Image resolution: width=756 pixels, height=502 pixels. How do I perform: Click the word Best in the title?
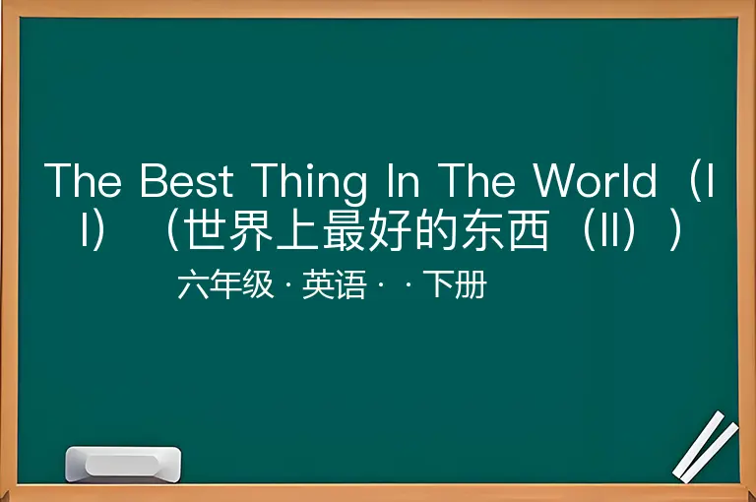tap(187, 180)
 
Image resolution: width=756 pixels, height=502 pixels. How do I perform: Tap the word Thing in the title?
tap(308, 182)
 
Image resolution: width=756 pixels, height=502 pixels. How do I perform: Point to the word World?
tap(595, 179)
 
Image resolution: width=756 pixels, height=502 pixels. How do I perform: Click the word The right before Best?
tap(83, 180)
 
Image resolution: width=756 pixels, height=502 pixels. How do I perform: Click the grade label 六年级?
tap(225, 284)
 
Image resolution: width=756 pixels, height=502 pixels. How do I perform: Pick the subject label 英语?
tap(335, 284)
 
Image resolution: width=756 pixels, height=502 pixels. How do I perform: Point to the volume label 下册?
tap(455, 284)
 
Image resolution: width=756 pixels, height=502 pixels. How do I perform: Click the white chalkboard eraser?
tap(123, 465)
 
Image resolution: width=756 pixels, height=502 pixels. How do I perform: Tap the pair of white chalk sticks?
tap(705, 447)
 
